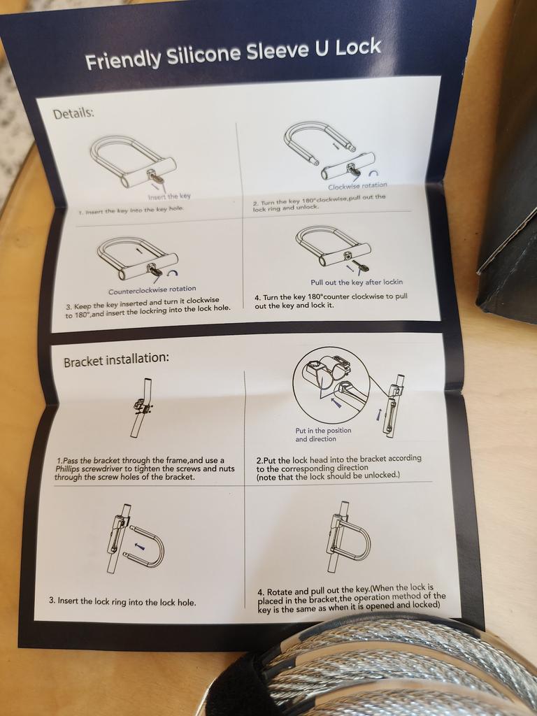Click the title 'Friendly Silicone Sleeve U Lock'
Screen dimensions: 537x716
233,55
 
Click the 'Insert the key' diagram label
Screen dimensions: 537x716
169,196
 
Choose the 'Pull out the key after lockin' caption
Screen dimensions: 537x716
357,282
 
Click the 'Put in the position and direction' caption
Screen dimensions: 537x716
323,435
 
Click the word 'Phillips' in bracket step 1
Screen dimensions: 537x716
68,468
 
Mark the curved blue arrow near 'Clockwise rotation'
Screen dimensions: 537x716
375,173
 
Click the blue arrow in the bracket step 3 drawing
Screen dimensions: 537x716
141,545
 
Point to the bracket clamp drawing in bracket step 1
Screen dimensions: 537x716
143,406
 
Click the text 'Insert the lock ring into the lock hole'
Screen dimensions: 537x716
122,602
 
